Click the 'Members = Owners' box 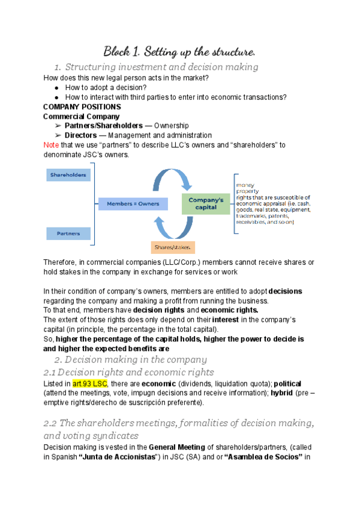click(x=134, y=203)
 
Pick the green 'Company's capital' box click(x=206, y=203)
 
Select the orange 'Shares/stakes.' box click(x=174, y=247)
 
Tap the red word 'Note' click(x=52, y=145)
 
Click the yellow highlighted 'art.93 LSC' click(x=89, y=384)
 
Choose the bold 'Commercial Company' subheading click(x=82, y=116)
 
